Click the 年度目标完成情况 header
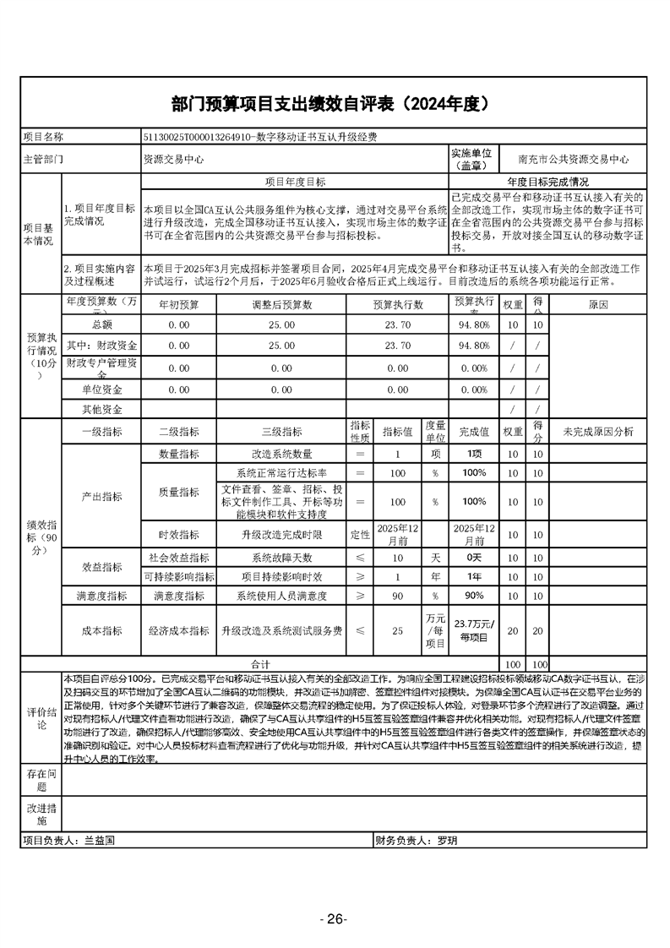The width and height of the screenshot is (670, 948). (x=547, y=182)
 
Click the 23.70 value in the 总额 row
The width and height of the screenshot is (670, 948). (x=397, y=324)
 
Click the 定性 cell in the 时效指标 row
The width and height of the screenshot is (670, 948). (x=360, y=535)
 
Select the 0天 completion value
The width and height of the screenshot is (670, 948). (x=474, y=558)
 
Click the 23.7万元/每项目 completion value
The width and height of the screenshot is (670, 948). (x=474, y=630)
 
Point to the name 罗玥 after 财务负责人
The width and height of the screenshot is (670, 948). (x=447, y=842)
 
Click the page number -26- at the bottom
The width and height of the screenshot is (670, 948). (x=335, y=919)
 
